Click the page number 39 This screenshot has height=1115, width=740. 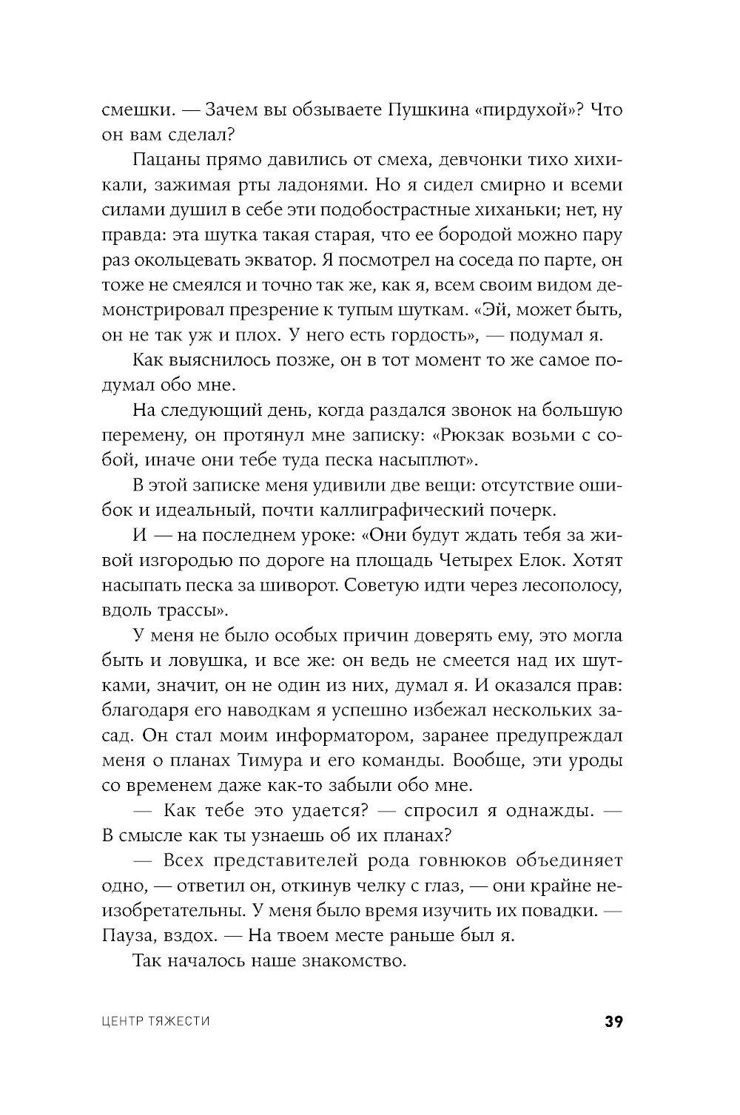click(x=613, y=1023)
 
